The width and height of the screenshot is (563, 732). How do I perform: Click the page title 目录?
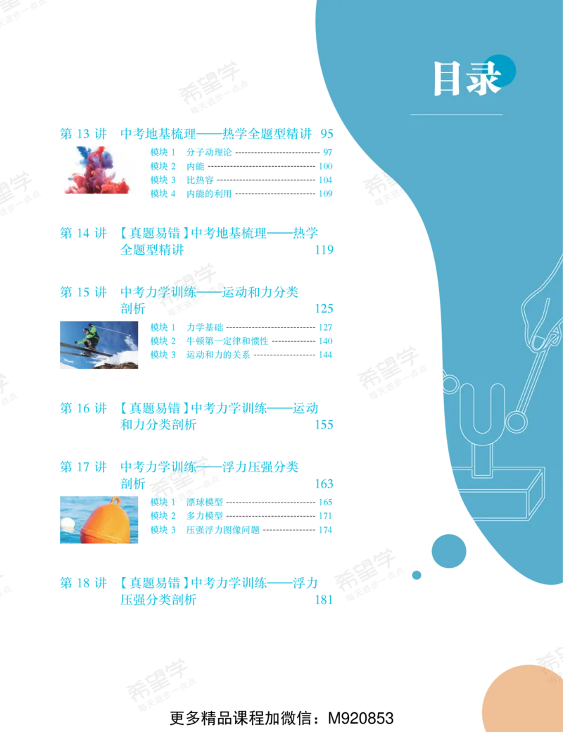pos(467,79)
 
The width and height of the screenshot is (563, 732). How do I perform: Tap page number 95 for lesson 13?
pos(327,134)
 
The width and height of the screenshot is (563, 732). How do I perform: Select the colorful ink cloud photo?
pos(97,170)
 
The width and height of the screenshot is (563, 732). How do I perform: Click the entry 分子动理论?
pos(209,152)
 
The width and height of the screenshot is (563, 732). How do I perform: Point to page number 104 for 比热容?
pos(325,179)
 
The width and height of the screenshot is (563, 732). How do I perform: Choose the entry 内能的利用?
pos(209,194)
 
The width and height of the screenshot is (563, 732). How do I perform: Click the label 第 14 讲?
pos(83,233)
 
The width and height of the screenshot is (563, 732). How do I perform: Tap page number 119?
pos(324,250)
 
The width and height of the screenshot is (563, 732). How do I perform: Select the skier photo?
pos(99,345)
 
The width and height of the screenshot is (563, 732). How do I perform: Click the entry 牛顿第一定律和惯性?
pos(227,341)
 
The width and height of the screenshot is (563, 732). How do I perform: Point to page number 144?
pos(325,355)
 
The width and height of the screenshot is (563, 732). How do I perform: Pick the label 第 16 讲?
pos(83,408)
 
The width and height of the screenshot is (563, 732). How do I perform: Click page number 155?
pos(324,425)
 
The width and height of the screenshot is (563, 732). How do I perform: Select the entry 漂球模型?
pos(205,503)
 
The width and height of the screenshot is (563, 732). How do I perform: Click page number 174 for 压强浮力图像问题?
pos(325,530)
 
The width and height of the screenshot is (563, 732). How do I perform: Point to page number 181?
pos(324,600)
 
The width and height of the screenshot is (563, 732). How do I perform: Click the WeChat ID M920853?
pos(361,718)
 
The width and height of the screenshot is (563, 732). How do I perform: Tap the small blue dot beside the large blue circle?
pos(417,575)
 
